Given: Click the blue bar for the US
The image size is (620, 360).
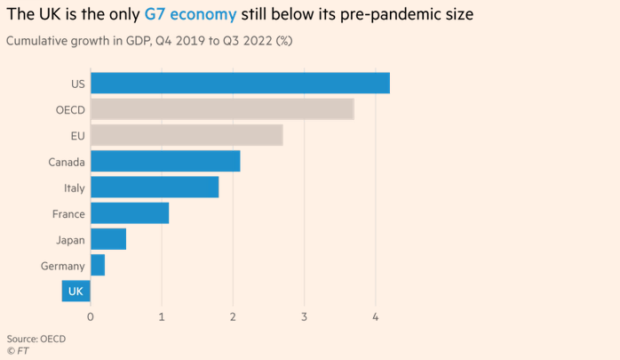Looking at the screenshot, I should [x=240, y=83].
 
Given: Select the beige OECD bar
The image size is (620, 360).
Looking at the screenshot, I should [x=222, y=109].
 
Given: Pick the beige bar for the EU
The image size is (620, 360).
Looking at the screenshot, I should [x=187, y=135].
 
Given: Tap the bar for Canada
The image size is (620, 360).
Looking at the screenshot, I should [x=165, y=161].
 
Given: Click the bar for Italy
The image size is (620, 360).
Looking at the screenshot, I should [x=155, y=187].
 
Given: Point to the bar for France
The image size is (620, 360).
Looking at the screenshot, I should [x=130, y=213].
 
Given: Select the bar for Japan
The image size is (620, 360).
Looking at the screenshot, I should [x=108, y=239].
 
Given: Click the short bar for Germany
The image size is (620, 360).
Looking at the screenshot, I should [x=98, y=265].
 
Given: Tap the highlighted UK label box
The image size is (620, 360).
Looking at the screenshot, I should [x=75, y=291].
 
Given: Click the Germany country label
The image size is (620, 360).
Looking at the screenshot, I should [x=62, y=266].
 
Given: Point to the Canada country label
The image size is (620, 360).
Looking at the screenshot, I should [x=67, y=162].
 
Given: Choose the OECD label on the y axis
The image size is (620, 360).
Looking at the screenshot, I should [x=69, y=110].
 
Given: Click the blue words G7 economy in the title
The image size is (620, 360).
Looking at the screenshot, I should [x=190, y=15].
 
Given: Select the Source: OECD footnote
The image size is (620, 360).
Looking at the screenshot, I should [x=36, y=338].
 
